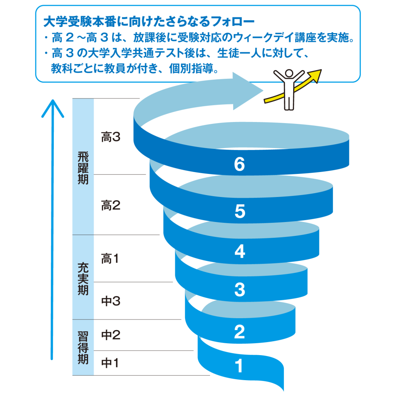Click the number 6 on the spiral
[239, 165]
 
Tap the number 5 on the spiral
[239, 212]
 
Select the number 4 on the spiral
[239, 252]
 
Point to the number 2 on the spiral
[239, 332]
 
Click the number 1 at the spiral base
[239, 366]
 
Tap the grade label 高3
[111, 137]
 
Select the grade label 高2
[111, 206]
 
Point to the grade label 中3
[111, 301]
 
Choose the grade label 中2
[111, 335]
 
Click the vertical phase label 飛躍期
[83, 168]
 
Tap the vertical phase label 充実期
[83, 279]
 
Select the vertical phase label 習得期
[83, 348]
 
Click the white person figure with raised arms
[289, 89]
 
